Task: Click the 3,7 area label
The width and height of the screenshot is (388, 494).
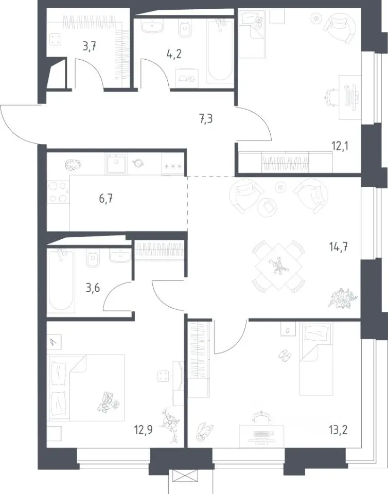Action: [89, 47]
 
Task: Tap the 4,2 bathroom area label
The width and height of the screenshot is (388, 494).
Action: [174, 54]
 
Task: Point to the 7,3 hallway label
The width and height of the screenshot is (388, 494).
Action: [206, 119]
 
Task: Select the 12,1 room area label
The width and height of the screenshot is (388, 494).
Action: [340, 146]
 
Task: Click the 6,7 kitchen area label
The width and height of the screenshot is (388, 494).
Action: [106, 199]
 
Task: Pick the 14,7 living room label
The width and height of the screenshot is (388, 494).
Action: [339, 246]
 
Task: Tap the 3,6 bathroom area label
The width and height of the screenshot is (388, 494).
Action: [93, 288]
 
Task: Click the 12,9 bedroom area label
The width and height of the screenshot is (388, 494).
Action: [143, 430]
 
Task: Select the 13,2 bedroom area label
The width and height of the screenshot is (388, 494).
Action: [339, 429]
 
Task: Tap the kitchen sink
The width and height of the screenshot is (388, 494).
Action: [117, 164]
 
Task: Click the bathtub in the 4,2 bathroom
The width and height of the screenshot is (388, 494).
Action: [220, 50]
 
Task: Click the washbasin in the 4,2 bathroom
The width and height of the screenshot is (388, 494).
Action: [152, 25]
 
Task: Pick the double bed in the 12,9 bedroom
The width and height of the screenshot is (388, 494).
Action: [86, 387]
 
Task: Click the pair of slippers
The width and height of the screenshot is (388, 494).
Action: [285, 355]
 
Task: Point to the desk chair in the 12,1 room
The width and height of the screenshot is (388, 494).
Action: [330, 98]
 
